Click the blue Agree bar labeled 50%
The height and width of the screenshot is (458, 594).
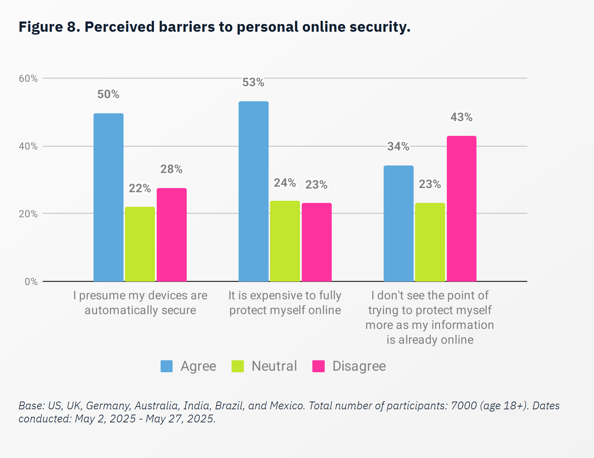pyautogui.click(x=108, y=197)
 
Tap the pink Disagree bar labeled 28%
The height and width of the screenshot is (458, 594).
pyautogui.click(x=172, y=235)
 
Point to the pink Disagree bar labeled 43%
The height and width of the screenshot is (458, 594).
pyautogui.click(x=461, y=209)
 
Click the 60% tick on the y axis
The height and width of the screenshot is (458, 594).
pyautogui.click(x=28, y=78)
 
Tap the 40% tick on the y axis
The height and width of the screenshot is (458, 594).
pyautogui.click(x=28, y=146)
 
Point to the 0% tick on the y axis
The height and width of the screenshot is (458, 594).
pyautogui.click(x=31, y=282)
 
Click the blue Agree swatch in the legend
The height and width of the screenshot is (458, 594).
pyautogui.click(x=167, y=366)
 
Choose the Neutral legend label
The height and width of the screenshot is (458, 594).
pyautogui.click(x=274, y=366)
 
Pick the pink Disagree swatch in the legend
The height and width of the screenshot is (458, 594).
pyautogui.click(x=318, y=366)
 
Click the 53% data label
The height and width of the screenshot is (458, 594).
pyautogui.click(x=253, y=82)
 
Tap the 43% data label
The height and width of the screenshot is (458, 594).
pyautogui.click(x=461, y=117)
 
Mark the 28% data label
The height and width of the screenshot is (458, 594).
pyautogui.click(x=171, y=169)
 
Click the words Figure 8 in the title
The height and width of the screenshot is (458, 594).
pyautogui.click(x=49, y=27)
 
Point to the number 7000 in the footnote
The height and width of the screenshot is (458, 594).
pyautogui.click(x=464, y=406)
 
